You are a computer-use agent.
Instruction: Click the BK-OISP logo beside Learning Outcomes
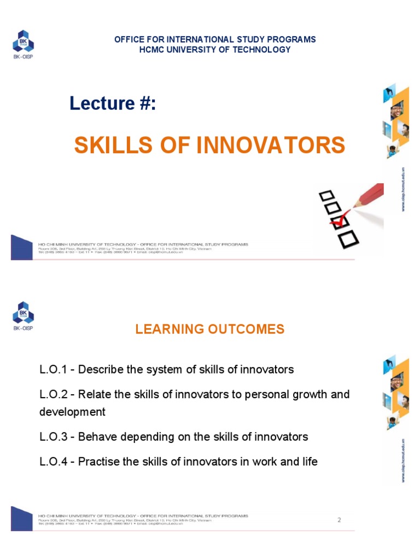coord(23,316)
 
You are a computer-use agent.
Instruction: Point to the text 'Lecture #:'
coord(113,103)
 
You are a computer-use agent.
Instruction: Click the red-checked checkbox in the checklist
coord(337,221)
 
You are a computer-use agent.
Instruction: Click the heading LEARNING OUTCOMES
coord(210,329)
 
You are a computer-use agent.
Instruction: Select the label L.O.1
coord(55,370)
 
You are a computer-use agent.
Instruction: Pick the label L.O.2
coord(55,395)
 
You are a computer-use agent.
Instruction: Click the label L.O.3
coord(55,437)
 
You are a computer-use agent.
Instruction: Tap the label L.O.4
coord(55,462)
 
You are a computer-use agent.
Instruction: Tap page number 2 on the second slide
coord(339,520)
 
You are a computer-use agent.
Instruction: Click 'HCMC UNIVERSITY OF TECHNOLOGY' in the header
coord(215,50)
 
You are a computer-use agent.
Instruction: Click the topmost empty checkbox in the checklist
coord(326,195)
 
